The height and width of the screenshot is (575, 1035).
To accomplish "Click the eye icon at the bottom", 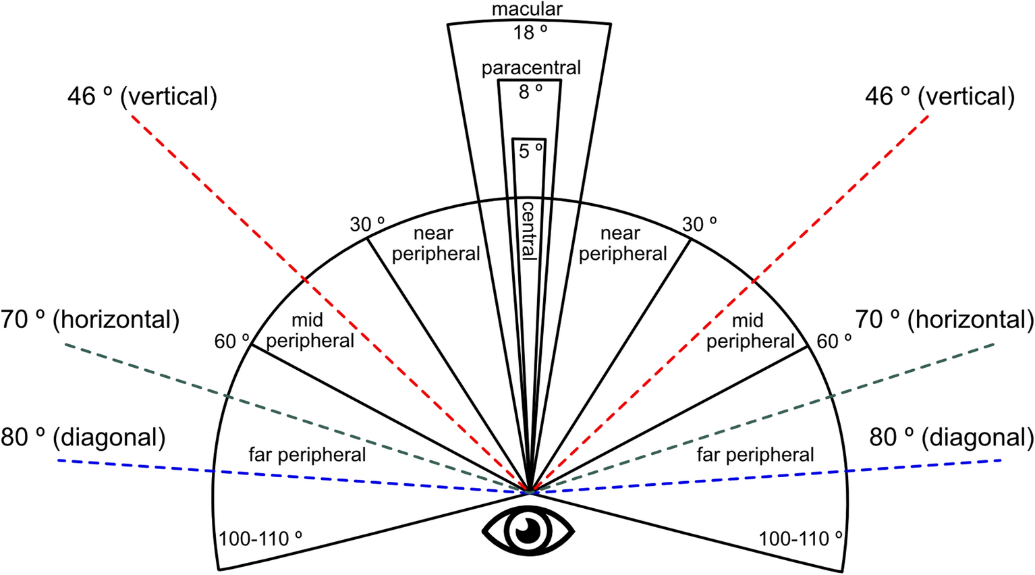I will [528, 531].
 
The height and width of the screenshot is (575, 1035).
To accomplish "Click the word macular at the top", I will [527, 9].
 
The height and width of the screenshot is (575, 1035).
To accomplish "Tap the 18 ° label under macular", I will [530, 32].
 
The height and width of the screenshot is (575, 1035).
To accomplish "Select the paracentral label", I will [531, 67].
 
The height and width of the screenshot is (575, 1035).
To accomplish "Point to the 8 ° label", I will [530, 92].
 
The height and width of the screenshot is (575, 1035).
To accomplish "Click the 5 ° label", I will [530, 150].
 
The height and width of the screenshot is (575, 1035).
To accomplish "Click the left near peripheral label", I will [435, 244].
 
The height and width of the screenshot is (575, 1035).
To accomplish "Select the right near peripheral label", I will [622, 244].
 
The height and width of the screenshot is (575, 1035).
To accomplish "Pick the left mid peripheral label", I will [309, 330].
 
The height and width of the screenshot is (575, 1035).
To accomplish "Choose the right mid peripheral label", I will [750, 330].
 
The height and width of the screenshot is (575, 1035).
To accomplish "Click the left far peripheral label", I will [307, 454].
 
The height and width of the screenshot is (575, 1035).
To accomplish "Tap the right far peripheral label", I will [755, 454].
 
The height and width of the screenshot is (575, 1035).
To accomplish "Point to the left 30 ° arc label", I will [367, 224].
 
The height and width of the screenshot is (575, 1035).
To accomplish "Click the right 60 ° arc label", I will [833, 341].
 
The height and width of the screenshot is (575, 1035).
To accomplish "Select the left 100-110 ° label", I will [260, 539].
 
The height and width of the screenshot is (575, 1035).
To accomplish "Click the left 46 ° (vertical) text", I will [142, 97].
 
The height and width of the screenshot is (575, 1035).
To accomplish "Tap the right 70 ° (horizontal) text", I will [944, 319].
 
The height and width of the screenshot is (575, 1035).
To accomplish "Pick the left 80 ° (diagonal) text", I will [83, 437].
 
